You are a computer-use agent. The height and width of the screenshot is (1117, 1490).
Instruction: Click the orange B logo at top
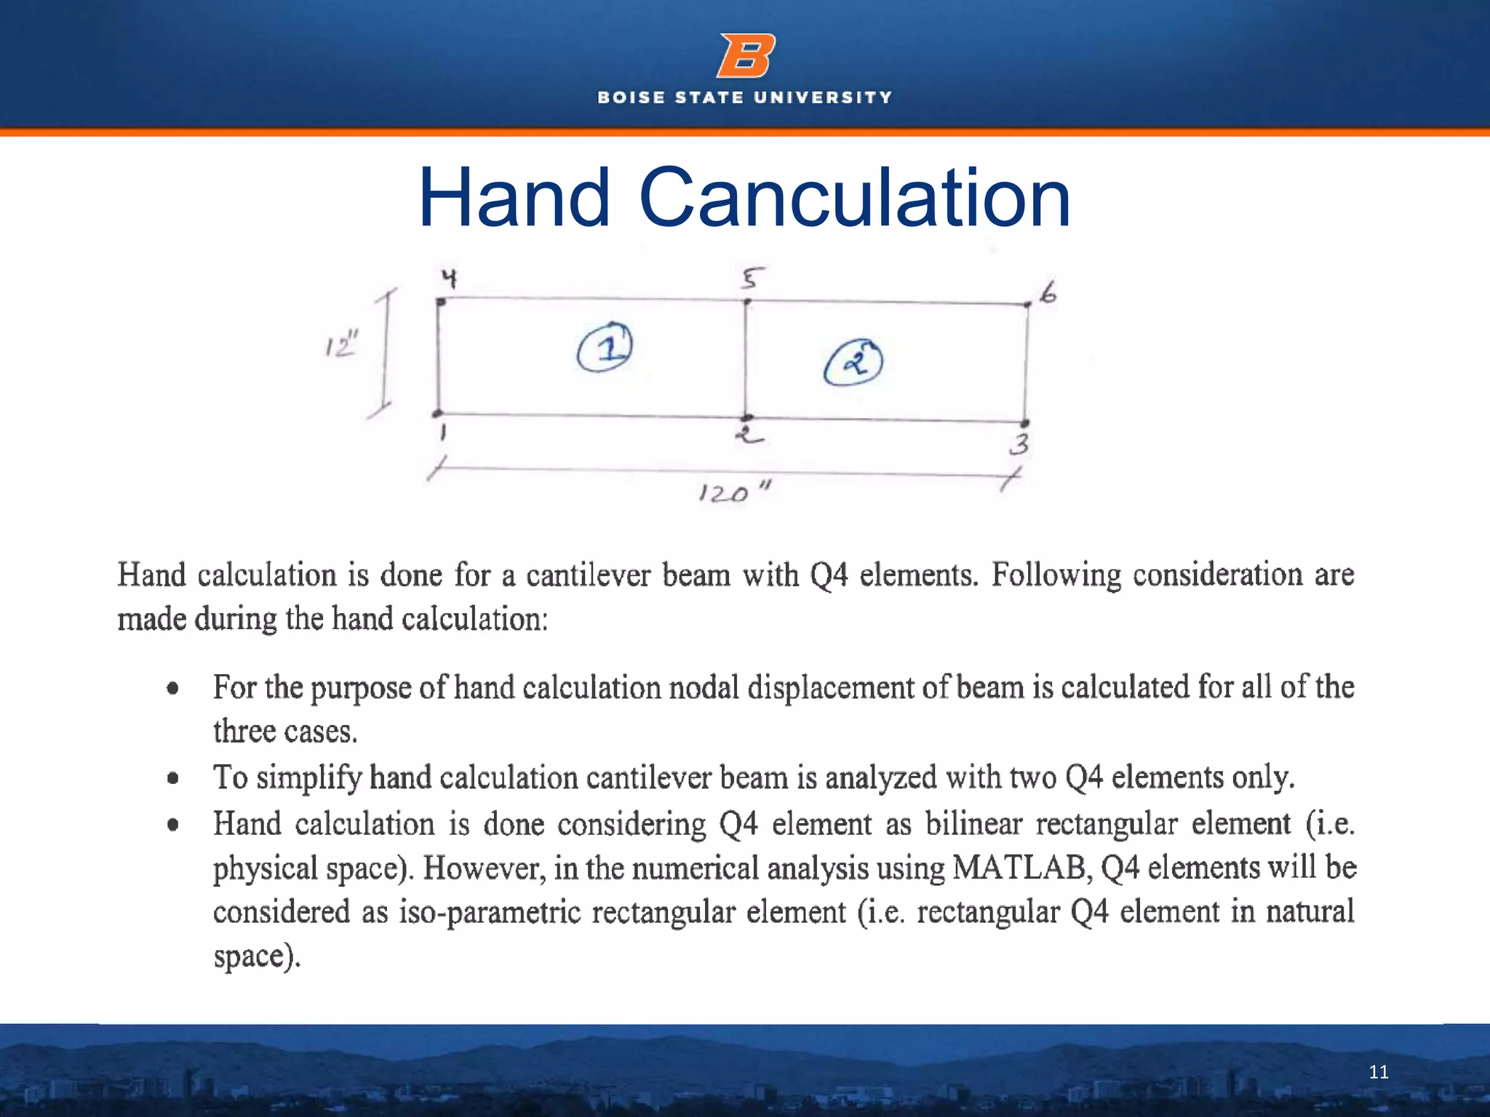746,55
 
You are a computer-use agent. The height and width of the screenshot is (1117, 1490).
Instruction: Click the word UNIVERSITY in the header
823,97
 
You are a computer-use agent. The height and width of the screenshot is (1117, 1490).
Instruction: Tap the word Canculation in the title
854,198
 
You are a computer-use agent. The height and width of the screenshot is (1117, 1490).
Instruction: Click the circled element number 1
605,348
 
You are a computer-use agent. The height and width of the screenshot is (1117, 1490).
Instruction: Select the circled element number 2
853,361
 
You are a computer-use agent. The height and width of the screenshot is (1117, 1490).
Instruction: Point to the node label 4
450,278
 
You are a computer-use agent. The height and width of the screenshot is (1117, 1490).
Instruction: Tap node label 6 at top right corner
1048,294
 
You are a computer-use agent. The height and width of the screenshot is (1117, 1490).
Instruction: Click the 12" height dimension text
340,344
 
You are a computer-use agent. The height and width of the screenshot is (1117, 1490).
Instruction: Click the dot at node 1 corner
437,413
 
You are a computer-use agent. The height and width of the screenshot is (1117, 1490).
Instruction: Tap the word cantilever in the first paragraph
588,575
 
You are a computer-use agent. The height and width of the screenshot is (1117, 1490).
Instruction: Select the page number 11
1378,1072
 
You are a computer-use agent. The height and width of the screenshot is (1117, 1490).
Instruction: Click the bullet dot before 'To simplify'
172,779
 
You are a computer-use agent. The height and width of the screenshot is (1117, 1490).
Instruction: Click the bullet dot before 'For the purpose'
172,688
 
